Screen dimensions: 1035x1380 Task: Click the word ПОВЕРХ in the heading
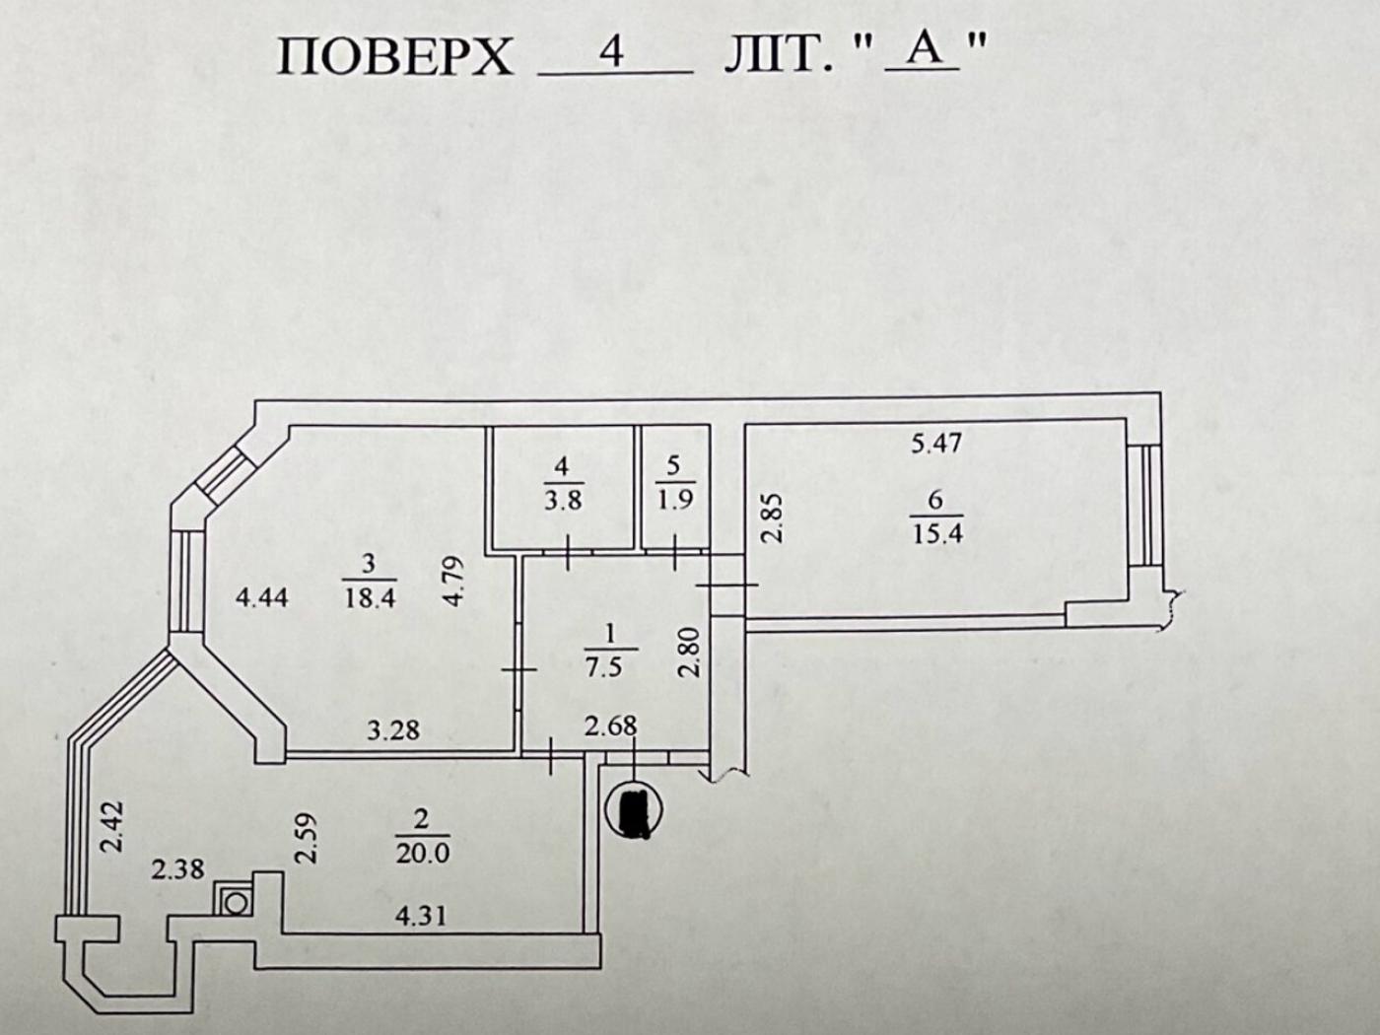tap(395, 57)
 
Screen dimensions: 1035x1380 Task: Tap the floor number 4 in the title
tap(612, 51)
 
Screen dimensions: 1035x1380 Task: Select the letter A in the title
tap(924, 49)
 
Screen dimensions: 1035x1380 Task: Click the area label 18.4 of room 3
tap(370, 597)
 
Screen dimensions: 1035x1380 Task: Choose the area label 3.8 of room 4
tap(563, 499)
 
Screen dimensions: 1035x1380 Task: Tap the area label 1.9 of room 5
tap(674, 499)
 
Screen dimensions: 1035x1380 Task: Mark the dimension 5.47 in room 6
tap(935, 444)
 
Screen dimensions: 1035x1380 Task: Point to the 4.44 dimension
tap(262, 596)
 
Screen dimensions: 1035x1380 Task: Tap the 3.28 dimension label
tap(393, 730)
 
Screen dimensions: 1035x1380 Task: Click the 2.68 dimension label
tap(611, 727)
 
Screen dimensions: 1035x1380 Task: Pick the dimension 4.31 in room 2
tap(421, 916)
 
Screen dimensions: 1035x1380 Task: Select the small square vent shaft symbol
tap(236, 899)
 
